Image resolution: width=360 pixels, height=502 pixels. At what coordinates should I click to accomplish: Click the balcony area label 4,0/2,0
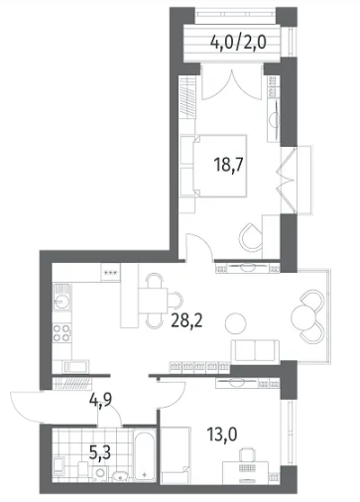point(238,43)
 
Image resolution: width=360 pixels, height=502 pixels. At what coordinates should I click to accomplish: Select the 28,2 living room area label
point(186,319)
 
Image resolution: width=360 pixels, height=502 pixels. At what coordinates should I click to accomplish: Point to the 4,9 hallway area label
point(100,400)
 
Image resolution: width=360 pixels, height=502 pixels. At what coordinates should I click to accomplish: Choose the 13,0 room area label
point(222,434)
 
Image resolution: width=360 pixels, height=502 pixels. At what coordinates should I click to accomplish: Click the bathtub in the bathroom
point(145,454)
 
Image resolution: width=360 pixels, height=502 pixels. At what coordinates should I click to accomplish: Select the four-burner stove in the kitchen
point(61,333)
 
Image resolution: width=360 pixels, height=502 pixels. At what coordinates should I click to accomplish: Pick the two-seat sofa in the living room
point(255,350)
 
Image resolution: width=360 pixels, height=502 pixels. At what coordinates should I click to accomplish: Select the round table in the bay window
point(303,316)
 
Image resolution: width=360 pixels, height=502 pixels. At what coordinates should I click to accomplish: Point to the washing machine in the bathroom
point(99,473)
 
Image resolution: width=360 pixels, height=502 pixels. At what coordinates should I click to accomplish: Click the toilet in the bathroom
point(82,470)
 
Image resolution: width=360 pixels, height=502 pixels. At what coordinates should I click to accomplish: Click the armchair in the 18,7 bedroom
point(251,236)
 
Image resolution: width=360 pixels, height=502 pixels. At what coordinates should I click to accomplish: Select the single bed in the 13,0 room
point(176,455)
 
